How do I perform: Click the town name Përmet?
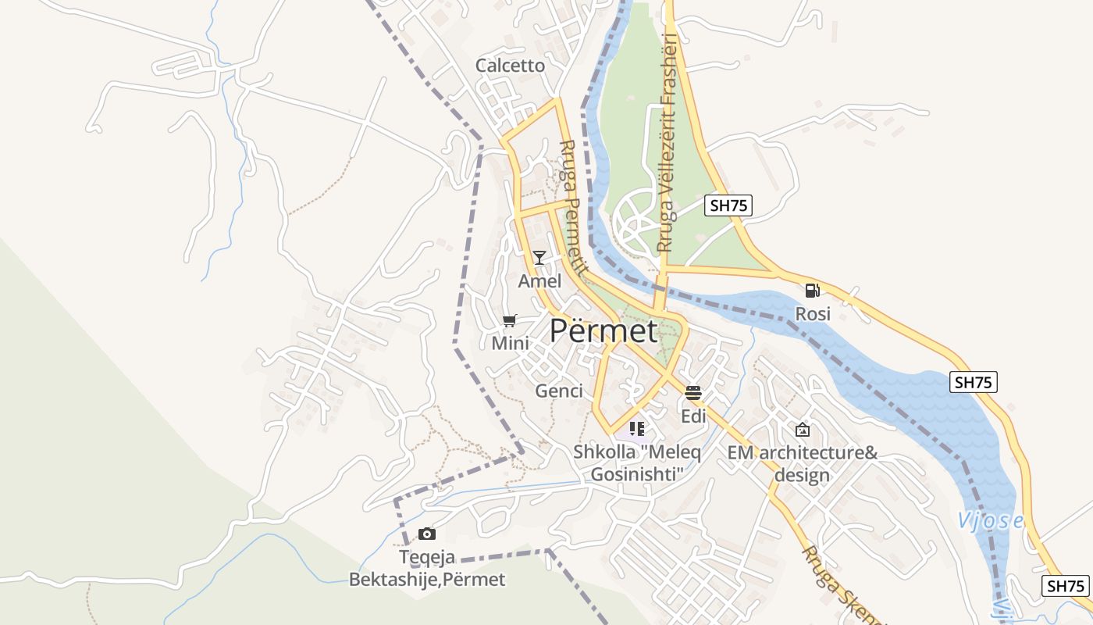(603, 331)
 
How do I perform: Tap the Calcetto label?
(510, 66)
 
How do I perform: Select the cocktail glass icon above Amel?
(539, 258)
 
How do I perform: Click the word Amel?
(539, 280)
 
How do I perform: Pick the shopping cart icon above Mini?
(510, 320)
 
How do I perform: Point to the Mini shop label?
(510, 343)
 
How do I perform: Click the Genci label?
(559, 391)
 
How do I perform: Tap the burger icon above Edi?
(693, 393)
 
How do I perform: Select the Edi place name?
(693, 416)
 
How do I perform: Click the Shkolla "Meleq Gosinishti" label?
(637, 462)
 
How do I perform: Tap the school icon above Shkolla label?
(637, 428)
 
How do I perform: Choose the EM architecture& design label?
(802, 464)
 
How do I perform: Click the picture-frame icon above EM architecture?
(802, 430)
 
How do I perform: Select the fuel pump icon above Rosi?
(812, 291)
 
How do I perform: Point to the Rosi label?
(812, 314)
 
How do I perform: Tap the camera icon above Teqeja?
(426, 534)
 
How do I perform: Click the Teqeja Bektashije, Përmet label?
(426, 569)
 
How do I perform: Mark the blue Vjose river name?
(990, 521)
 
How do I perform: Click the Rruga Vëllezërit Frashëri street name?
(666, 142)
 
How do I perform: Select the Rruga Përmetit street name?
(572, 206)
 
